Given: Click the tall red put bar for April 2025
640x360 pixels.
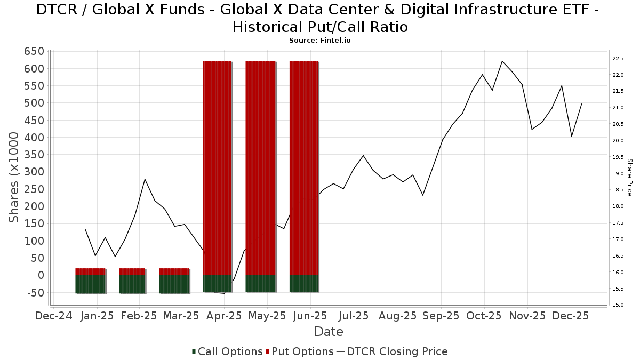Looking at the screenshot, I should pyautogui.click(x=217, y=168).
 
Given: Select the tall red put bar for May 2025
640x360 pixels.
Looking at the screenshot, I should pyautogui.click(x=260, y=168).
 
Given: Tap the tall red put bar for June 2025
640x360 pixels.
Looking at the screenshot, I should pyautogui.click(x=304, y=168).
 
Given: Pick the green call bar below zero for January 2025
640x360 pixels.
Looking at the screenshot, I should pyautogui.click(x=90, y=284).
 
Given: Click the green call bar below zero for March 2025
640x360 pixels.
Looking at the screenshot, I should pyautogui.click(x=174, y=284).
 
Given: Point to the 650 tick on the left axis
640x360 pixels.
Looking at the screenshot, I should pyautogui.click(x=33, y=51).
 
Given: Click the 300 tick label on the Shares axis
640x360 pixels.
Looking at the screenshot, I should pyautogui.click(x=33, y=172).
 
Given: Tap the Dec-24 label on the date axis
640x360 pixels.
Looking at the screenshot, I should pyautogui.click(x=53, y=316).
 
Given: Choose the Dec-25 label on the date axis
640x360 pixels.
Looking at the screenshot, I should pyautogui.click(x=570, y=316).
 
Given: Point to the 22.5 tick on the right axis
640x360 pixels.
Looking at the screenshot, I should pyautogui.click(x=618, y=59).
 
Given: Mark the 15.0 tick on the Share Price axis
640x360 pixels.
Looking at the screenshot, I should pyautogui.click(x=618, y=305).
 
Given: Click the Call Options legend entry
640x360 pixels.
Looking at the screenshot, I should pyautogui.click(x=227, y=351).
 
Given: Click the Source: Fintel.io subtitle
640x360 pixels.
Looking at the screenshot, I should pyautogui.click(x=319, y=41).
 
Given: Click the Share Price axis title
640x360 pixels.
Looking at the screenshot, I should pyautogui.click(x=629, y=177).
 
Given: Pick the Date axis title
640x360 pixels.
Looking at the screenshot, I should pyautogui.click(x=329, y=331).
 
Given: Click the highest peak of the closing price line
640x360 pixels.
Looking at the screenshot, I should pyautogui.click(x=502, y=61).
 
